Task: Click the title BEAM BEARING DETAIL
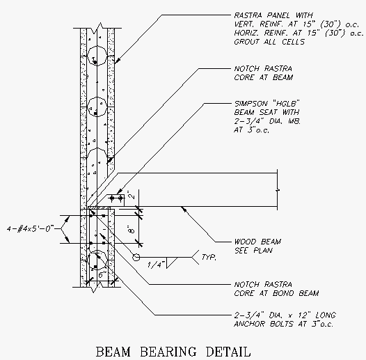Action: click(x=173, y=352)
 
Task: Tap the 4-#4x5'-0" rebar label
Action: click(x=31, y=228)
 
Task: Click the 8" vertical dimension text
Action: click(x=132, y=229)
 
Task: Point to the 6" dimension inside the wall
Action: click(x=102, y=274)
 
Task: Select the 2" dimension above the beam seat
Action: click(x=132, y=195)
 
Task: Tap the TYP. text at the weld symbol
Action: click(x=209, y=257)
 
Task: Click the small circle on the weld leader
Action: click(x=136, y=257)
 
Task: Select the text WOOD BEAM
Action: click(x=257, y=242)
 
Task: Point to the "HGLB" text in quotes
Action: click(x=286, y=103)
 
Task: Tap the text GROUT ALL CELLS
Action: click(x=269, y=42)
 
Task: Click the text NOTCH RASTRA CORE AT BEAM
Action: click(x=264, y=73)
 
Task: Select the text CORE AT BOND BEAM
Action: click(x=277, y=293)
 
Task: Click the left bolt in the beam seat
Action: click(x=112, y=198)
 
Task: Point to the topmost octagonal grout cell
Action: click(x=97, y=56)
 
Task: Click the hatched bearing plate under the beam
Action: click(x=100, y=208)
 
